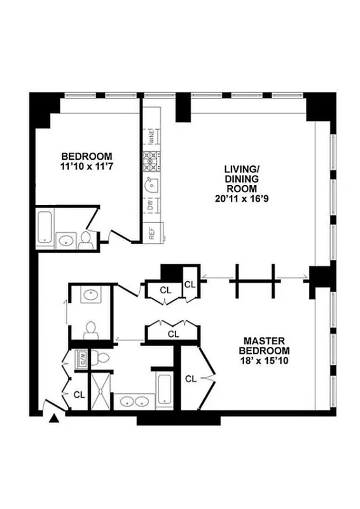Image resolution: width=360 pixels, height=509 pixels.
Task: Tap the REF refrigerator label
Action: [x=152, y=233]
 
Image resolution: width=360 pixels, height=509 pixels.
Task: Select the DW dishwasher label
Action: [x=151, y=206]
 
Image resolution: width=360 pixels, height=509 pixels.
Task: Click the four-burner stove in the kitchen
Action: [x=153, y=161]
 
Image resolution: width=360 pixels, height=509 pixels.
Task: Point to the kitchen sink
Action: [x=152, y=185]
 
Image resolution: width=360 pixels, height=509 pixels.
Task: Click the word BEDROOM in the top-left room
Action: [x=87, y=157]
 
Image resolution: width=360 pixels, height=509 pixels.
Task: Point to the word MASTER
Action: [x=264, y=341]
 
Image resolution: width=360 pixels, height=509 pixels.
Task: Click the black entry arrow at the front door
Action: [x=54, y=418]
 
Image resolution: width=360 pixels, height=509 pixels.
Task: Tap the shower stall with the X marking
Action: [x=100, y=391]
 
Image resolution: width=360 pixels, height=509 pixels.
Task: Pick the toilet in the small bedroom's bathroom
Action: [x=86, y=239]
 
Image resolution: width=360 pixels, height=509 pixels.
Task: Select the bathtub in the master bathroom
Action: [x=164, y=389]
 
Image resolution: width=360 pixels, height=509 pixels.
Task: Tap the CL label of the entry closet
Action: [x=79, y=394]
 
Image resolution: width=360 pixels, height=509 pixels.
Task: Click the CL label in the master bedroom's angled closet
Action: [x=191, y=379]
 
